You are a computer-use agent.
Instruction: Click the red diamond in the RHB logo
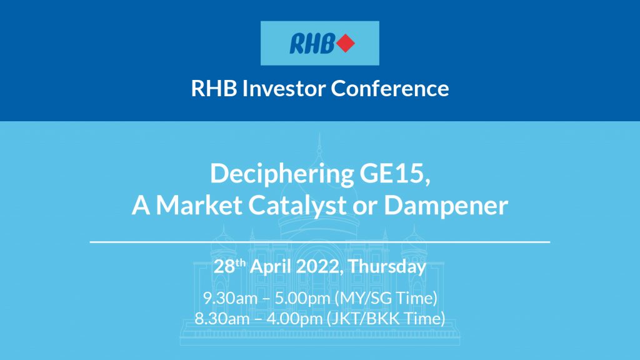point(345,44)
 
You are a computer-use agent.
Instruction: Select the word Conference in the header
point(389,88)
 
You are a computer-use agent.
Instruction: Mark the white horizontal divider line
point(320,241)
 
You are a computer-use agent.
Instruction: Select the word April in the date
point(269,267)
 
